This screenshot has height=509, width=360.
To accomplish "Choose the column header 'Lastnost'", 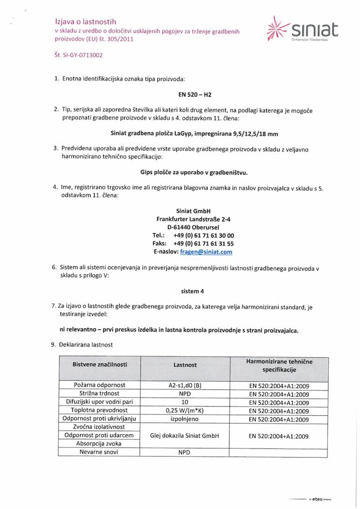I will point(184,365).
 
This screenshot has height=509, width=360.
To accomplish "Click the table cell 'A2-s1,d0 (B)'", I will point(184,385).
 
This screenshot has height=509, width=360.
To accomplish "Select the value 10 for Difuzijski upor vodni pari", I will point(184,402).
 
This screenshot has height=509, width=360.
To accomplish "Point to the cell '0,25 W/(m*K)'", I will point(184,410).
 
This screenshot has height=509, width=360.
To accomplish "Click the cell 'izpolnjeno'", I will point(184,419).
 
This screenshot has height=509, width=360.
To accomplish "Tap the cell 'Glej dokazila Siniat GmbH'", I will point(184,435).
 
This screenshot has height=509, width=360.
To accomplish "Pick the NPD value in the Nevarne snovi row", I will point(184,452).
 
